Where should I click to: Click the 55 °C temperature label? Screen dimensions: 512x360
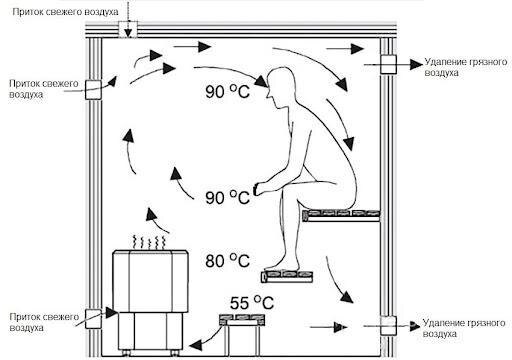click(252, 303)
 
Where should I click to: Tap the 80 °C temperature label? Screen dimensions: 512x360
click(227, 260)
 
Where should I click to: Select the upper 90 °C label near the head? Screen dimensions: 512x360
click(227, 91)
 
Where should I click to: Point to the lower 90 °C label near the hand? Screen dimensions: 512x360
click(227, 197)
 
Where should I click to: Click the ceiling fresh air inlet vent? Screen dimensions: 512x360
click(128, 29)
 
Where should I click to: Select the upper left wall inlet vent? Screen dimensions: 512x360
click(93, 90)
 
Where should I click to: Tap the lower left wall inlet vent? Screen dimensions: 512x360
click(93, 319)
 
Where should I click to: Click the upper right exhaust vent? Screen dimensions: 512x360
click(388, 64)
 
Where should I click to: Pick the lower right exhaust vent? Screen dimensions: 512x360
click(388, 326)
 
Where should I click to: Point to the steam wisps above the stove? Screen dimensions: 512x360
click(149, 242)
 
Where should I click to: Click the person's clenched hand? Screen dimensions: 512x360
click(259, 189)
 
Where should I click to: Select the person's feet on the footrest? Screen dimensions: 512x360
click(282, 265)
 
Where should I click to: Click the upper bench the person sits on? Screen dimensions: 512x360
click(341, 216)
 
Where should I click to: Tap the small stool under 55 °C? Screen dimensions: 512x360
click(242, 334)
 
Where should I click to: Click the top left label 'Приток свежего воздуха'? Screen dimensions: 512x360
click(65, 12)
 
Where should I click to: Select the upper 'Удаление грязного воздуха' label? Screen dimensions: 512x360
click(466, 67)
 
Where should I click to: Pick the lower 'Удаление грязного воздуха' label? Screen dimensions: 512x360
click(464, 328)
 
